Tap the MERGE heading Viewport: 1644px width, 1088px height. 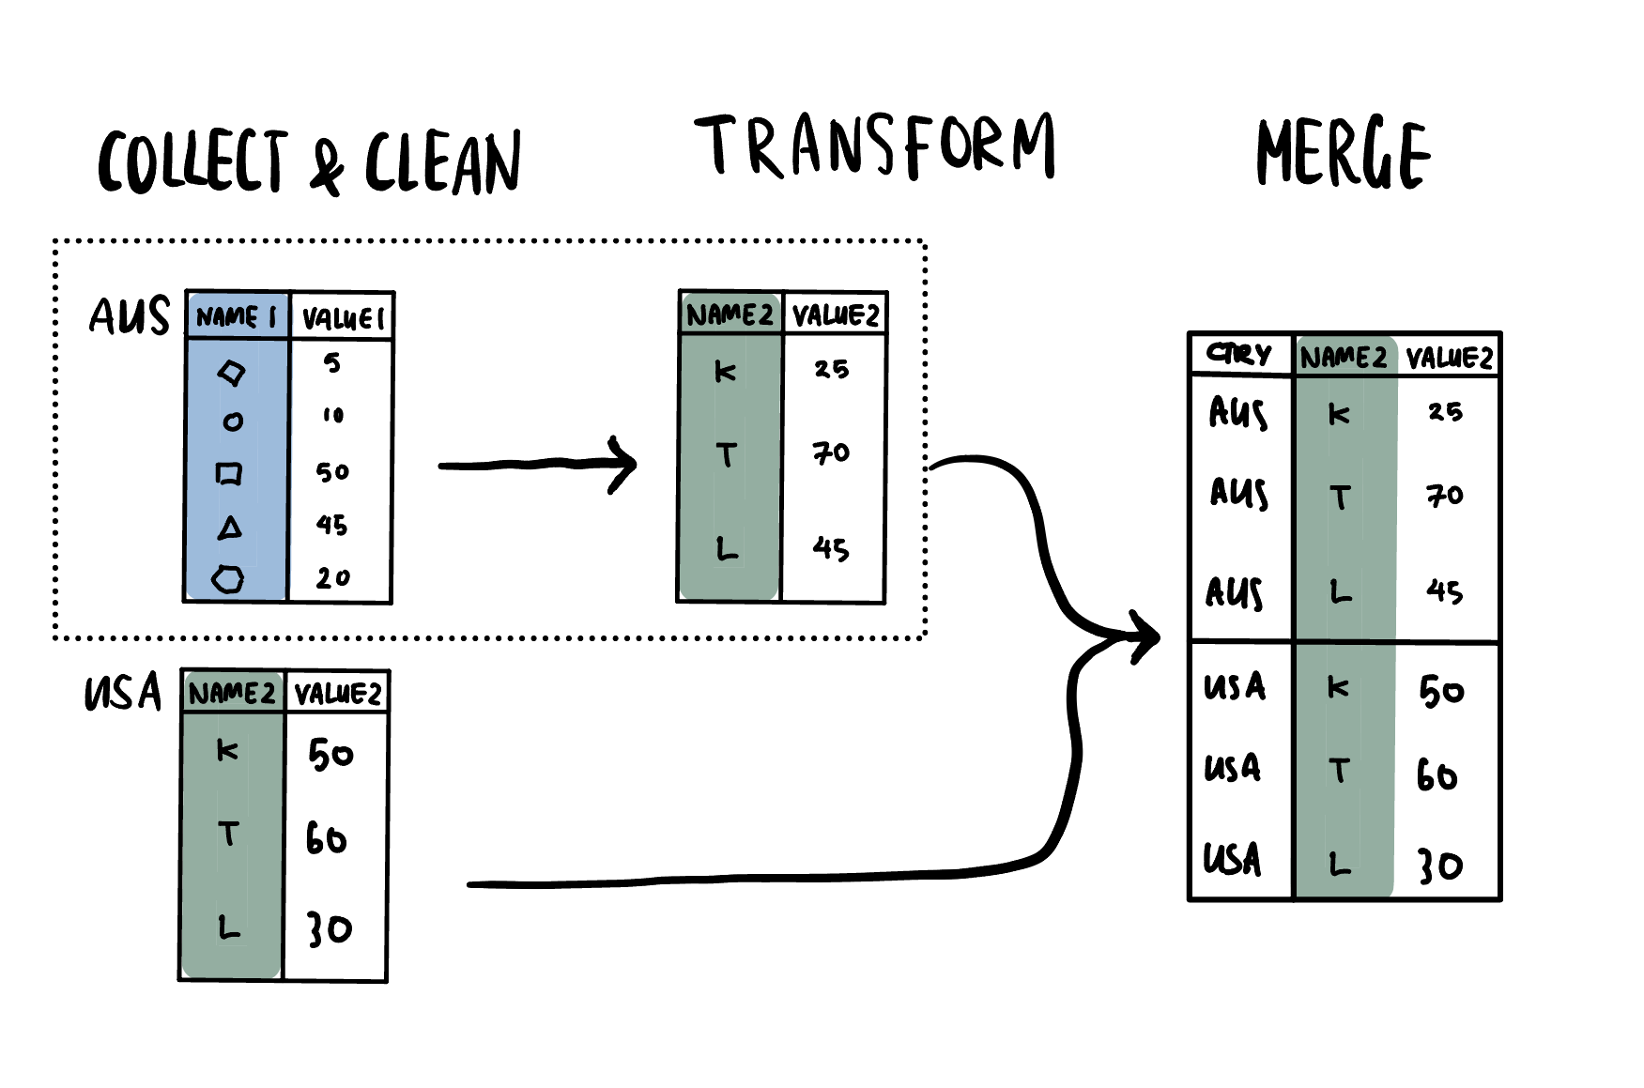pyautogui.click(x=1343, y=153)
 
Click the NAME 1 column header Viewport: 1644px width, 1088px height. pyautogui.click(x=237, y=316)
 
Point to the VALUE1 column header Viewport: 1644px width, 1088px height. pyautogui.click(x=343, y=318)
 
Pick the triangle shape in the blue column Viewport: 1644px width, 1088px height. pyautogui.click(x=230, y=528)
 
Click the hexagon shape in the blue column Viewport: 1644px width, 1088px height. pyautogui.click(x=227, y=578)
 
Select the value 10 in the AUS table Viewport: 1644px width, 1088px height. pyautogui.click(x=333, y=415)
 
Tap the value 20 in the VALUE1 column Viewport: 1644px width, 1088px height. pyautogui.click(x=332, y=577)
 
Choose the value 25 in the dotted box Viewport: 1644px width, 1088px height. pyautogui.click(x=831, y=369)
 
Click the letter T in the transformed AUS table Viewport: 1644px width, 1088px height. pyautogui.click(x=726, y=455)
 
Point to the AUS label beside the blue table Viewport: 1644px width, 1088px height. pyautogui.click(x=130, y=316)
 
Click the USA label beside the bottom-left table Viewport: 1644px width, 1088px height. pyautogui.click(x=123, y=693)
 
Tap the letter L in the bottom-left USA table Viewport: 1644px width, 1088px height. pyautogui.click(x=229, y=927)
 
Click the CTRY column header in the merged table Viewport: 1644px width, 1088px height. pyautogui.click(x=1239, y=355)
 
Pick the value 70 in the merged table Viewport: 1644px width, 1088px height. pyautogui.click(x=1445, y=495)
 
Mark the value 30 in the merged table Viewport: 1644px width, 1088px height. pyautogui.click(x=1439, y=866)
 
